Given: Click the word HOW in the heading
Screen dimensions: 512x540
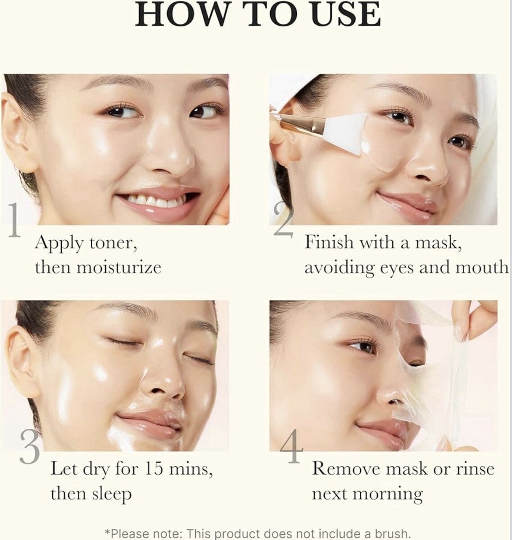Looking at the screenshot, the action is click(182, 14).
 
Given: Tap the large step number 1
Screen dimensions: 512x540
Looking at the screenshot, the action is click(14, 220).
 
